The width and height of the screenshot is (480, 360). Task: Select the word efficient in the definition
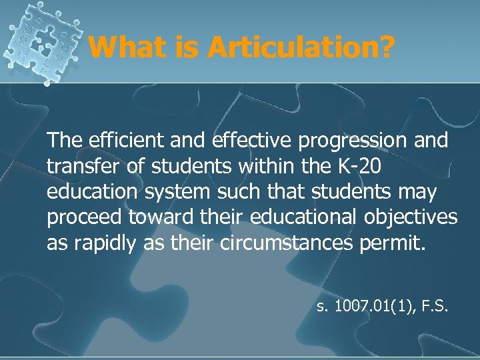(118, 142)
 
